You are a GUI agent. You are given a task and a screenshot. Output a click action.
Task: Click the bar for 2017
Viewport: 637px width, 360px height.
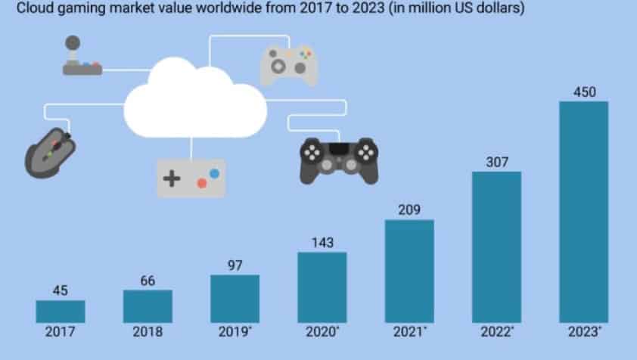(x=60, y=312)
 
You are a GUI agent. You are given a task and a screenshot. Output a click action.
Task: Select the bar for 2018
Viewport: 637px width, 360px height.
(x=148, y=306)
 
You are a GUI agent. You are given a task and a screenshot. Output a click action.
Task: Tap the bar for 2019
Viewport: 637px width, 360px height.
(x=235, y=299)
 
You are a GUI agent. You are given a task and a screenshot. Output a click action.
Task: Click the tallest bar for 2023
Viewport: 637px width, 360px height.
(x=583, y=212)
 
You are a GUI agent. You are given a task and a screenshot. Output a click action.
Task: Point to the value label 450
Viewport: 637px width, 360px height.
(x=584, y=92)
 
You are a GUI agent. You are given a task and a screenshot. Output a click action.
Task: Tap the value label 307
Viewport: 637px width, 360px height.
(x=496, y=162)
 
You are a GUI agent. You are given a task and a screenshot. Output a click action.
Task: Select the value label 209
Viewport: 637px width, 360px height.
(x=409, y=209)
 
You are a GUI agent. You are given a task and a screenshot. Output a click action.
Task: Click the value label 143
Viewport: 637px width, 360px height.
(x=322, y=243)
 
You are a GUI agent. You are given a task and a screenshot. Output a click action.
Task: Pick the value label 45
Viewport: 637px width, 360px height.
(x=60, y=290)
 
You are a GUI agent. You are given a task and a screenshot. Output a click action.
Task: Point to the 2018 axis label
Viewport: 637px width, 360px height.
(x=148, y=332)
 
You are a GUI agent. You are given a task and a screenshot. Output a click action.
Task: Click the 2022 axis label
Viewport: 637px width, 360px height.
(x=497, y=332)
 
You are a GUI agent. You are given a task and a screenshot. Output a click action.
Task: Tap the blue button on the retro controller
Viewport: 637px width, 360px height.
(x=214, y=173)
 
